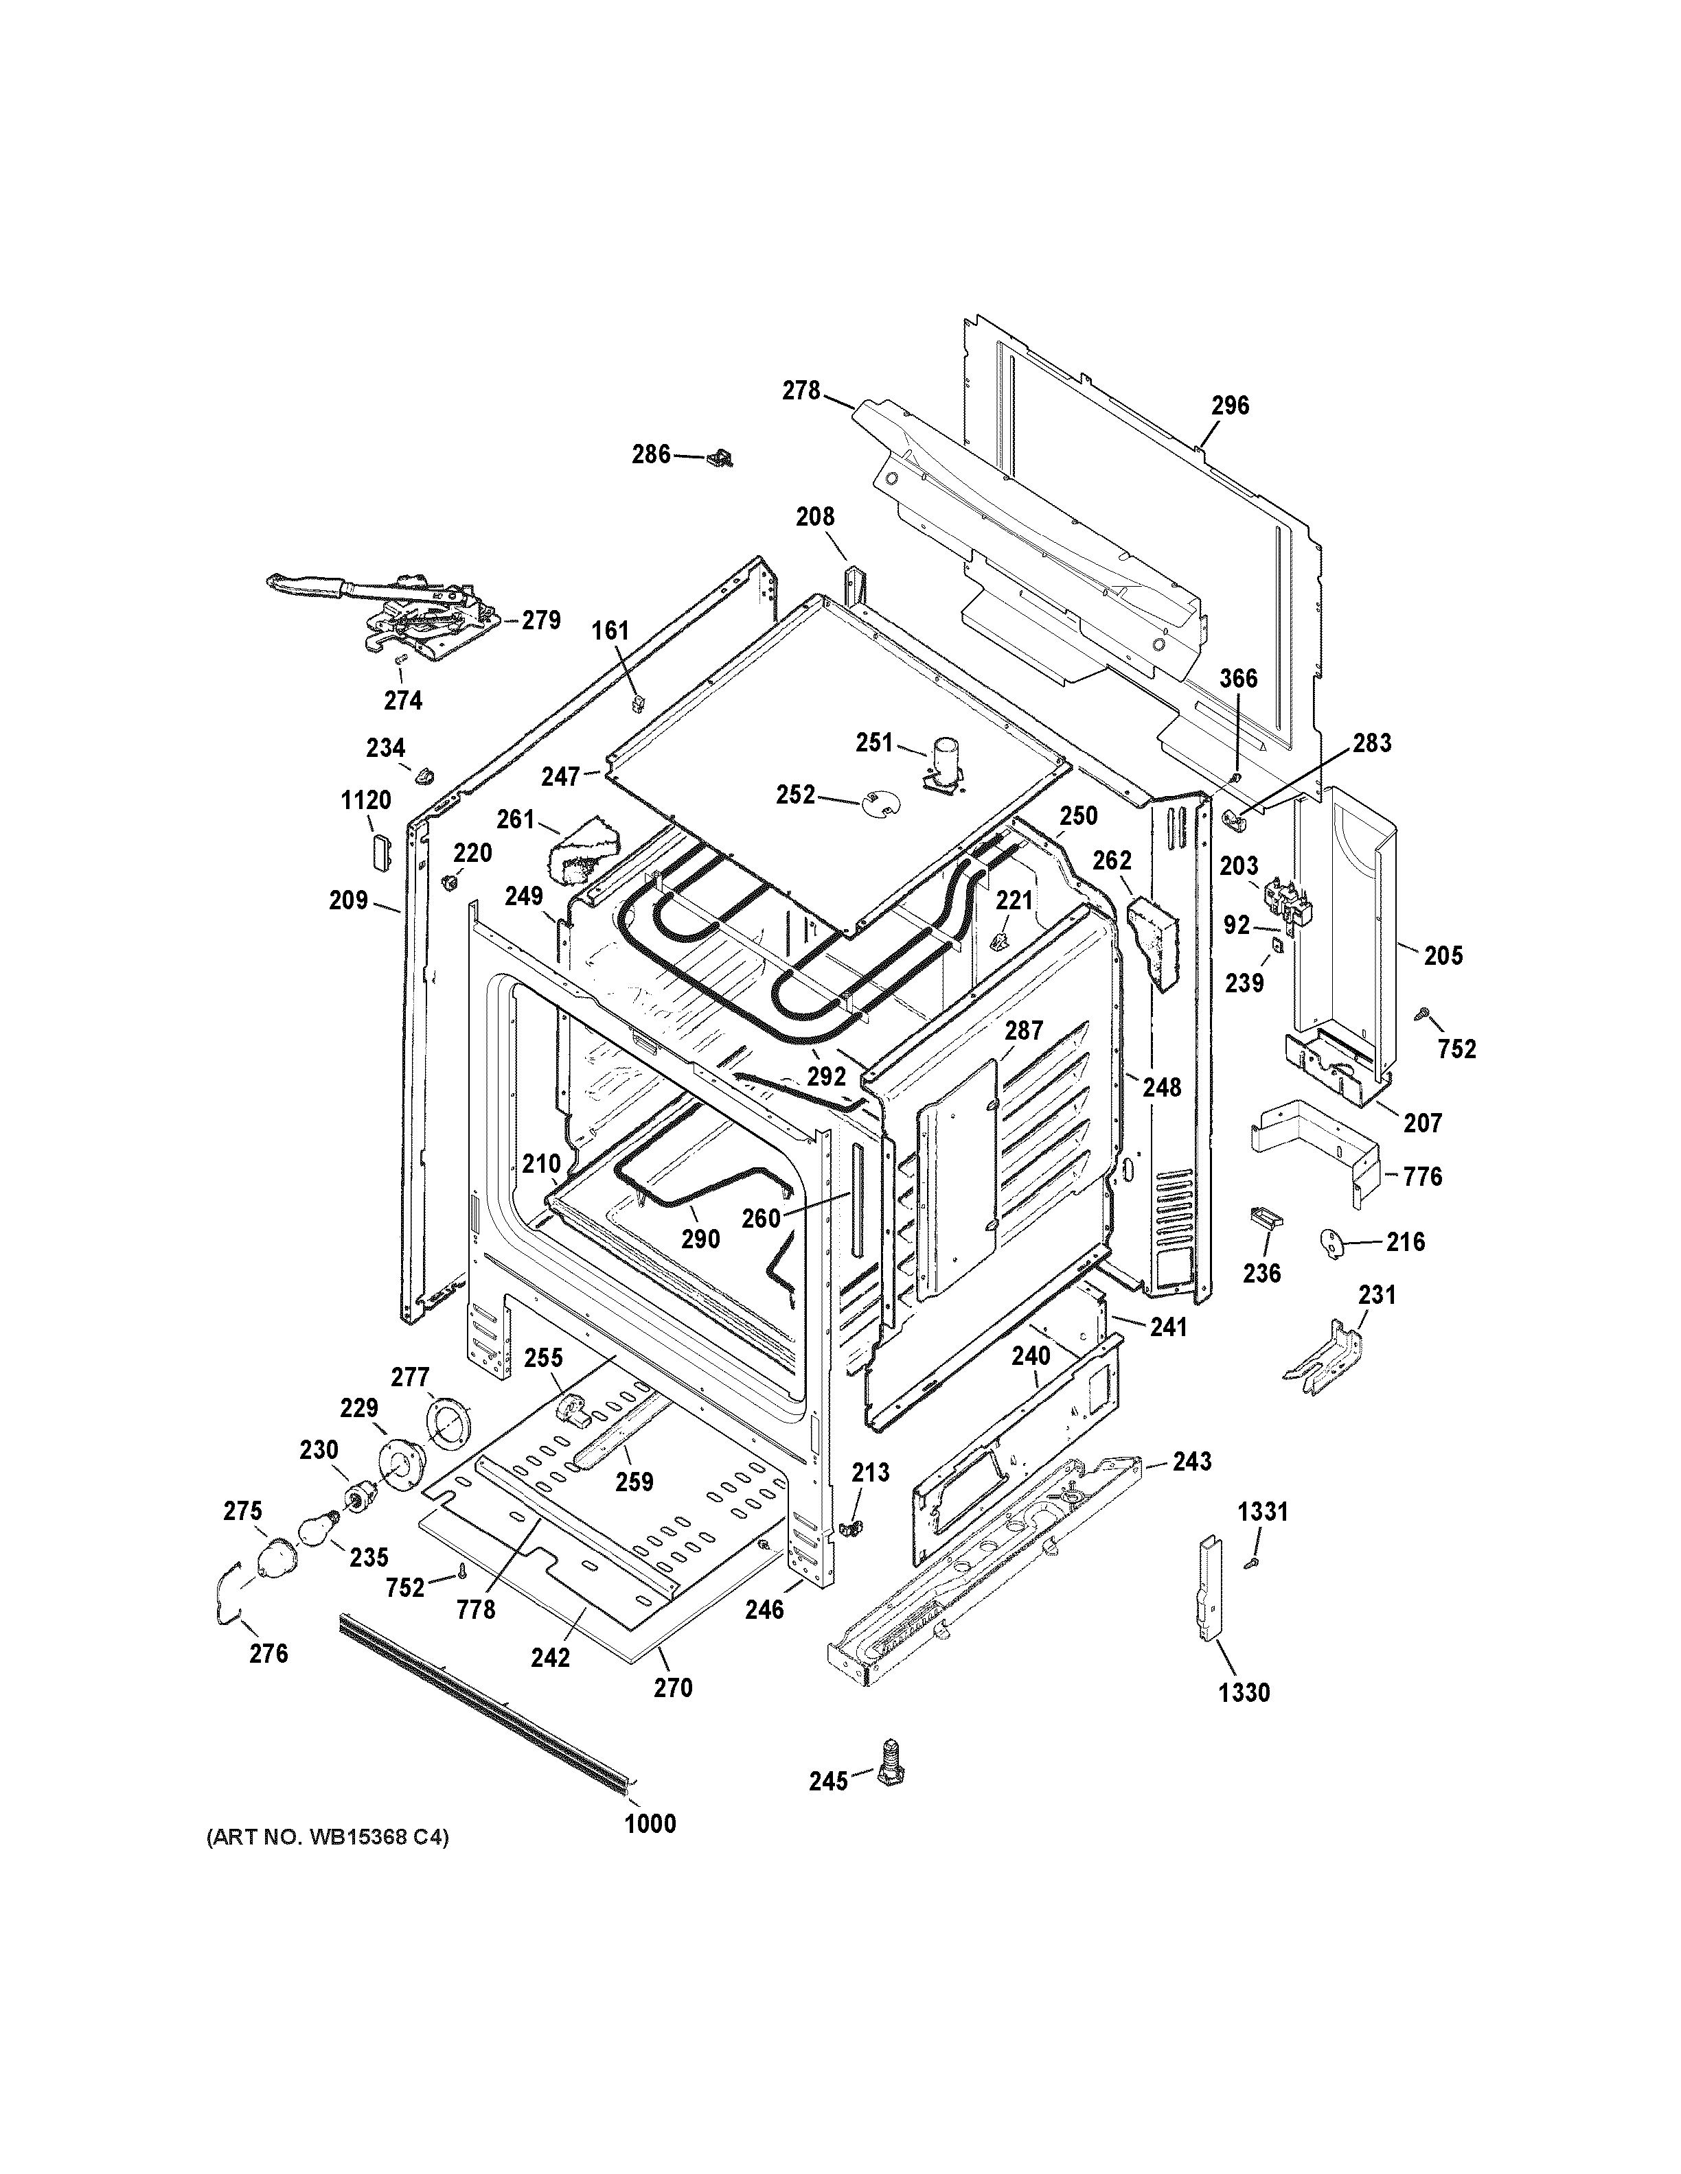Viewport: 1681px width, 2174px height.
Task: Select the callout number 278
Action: pos(801,391)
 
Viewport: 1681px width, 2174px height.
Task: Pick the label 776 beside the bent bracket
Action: pos(1422,1177)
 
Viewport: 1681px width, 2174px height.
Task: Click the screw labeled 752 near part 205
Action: pos(1422,1014)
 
